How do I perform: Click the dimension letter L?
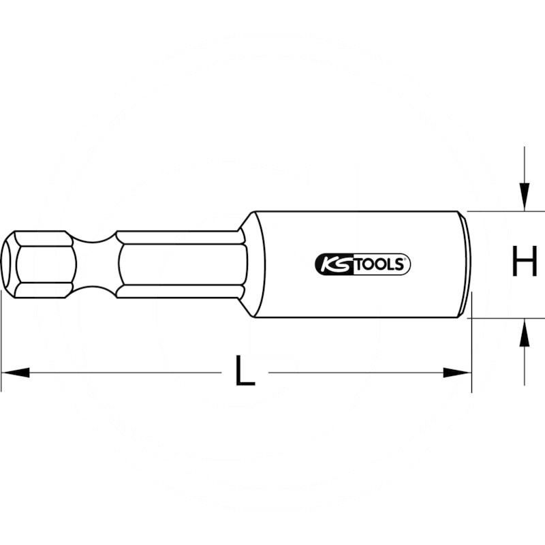coord(244,372)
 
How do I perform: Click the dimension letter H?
coord(525,264)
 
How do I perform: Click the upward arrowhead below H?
coord(523,334)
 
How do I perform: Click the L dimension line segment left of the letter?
coord(123,373)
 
